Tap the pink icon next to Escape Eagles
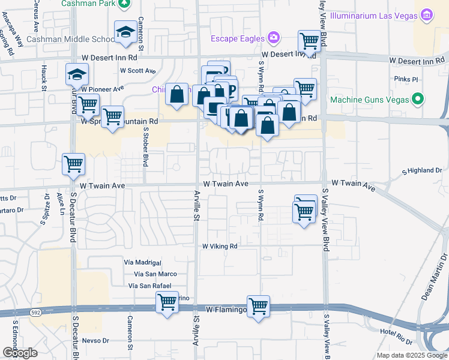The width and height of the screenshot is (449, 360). point(274,38)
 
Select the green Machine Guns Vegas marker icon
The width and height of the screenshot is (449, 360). point(419,98)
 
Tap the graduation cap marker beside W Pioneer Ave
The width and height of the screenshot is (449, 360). point(77,74)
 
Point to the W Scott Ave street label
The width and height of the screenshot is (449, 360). point(138,70)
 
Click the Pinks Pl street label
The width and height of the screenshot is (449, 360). point(406,79)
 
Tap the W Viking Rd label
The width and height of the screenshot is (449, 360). point(220,246)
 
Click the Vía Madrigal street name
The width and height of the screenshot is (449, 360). point(142,263)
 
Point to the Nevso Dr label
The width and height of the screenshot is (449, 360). point(95,340)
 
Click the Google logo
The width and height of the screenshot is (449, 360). point(20,353)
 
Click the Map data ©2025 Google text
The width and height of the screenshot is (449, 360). point(411,355)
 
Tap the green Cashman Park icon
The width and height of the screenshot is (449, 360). point(124,4)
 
